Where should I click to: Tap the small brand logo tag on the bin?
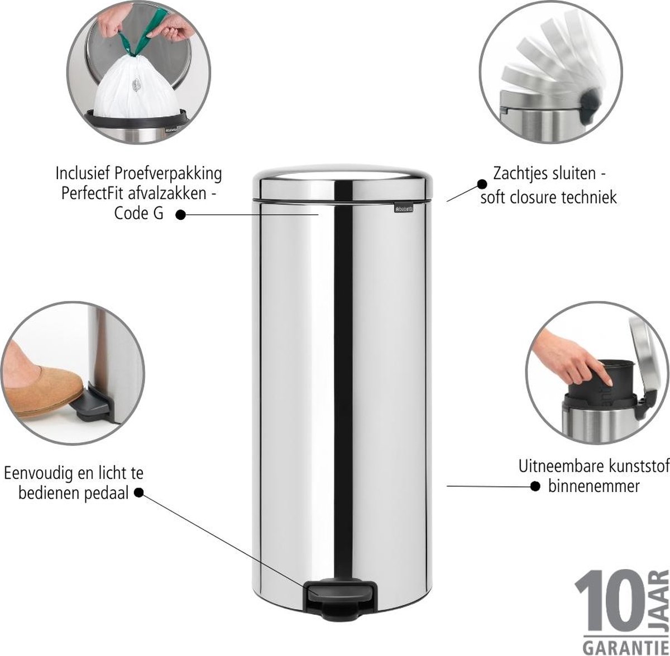pyautogui.click(x=404, y=209)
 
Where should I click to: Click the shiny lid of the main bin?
pyautogui.click(x=342, y=183)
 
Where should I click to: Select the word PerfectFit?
pyautogui.click(x=93, y=194)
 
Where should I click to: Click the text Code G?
pyautogui.click(x=138, y=214)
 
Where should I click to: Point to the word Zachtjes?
pyautogui.click(x=516, y=173)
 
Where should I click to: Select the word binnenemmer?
pyautogui.click(x=594, y=486)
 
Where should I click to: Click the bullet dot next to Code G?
pyautogui.click(x=180, y=215)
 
